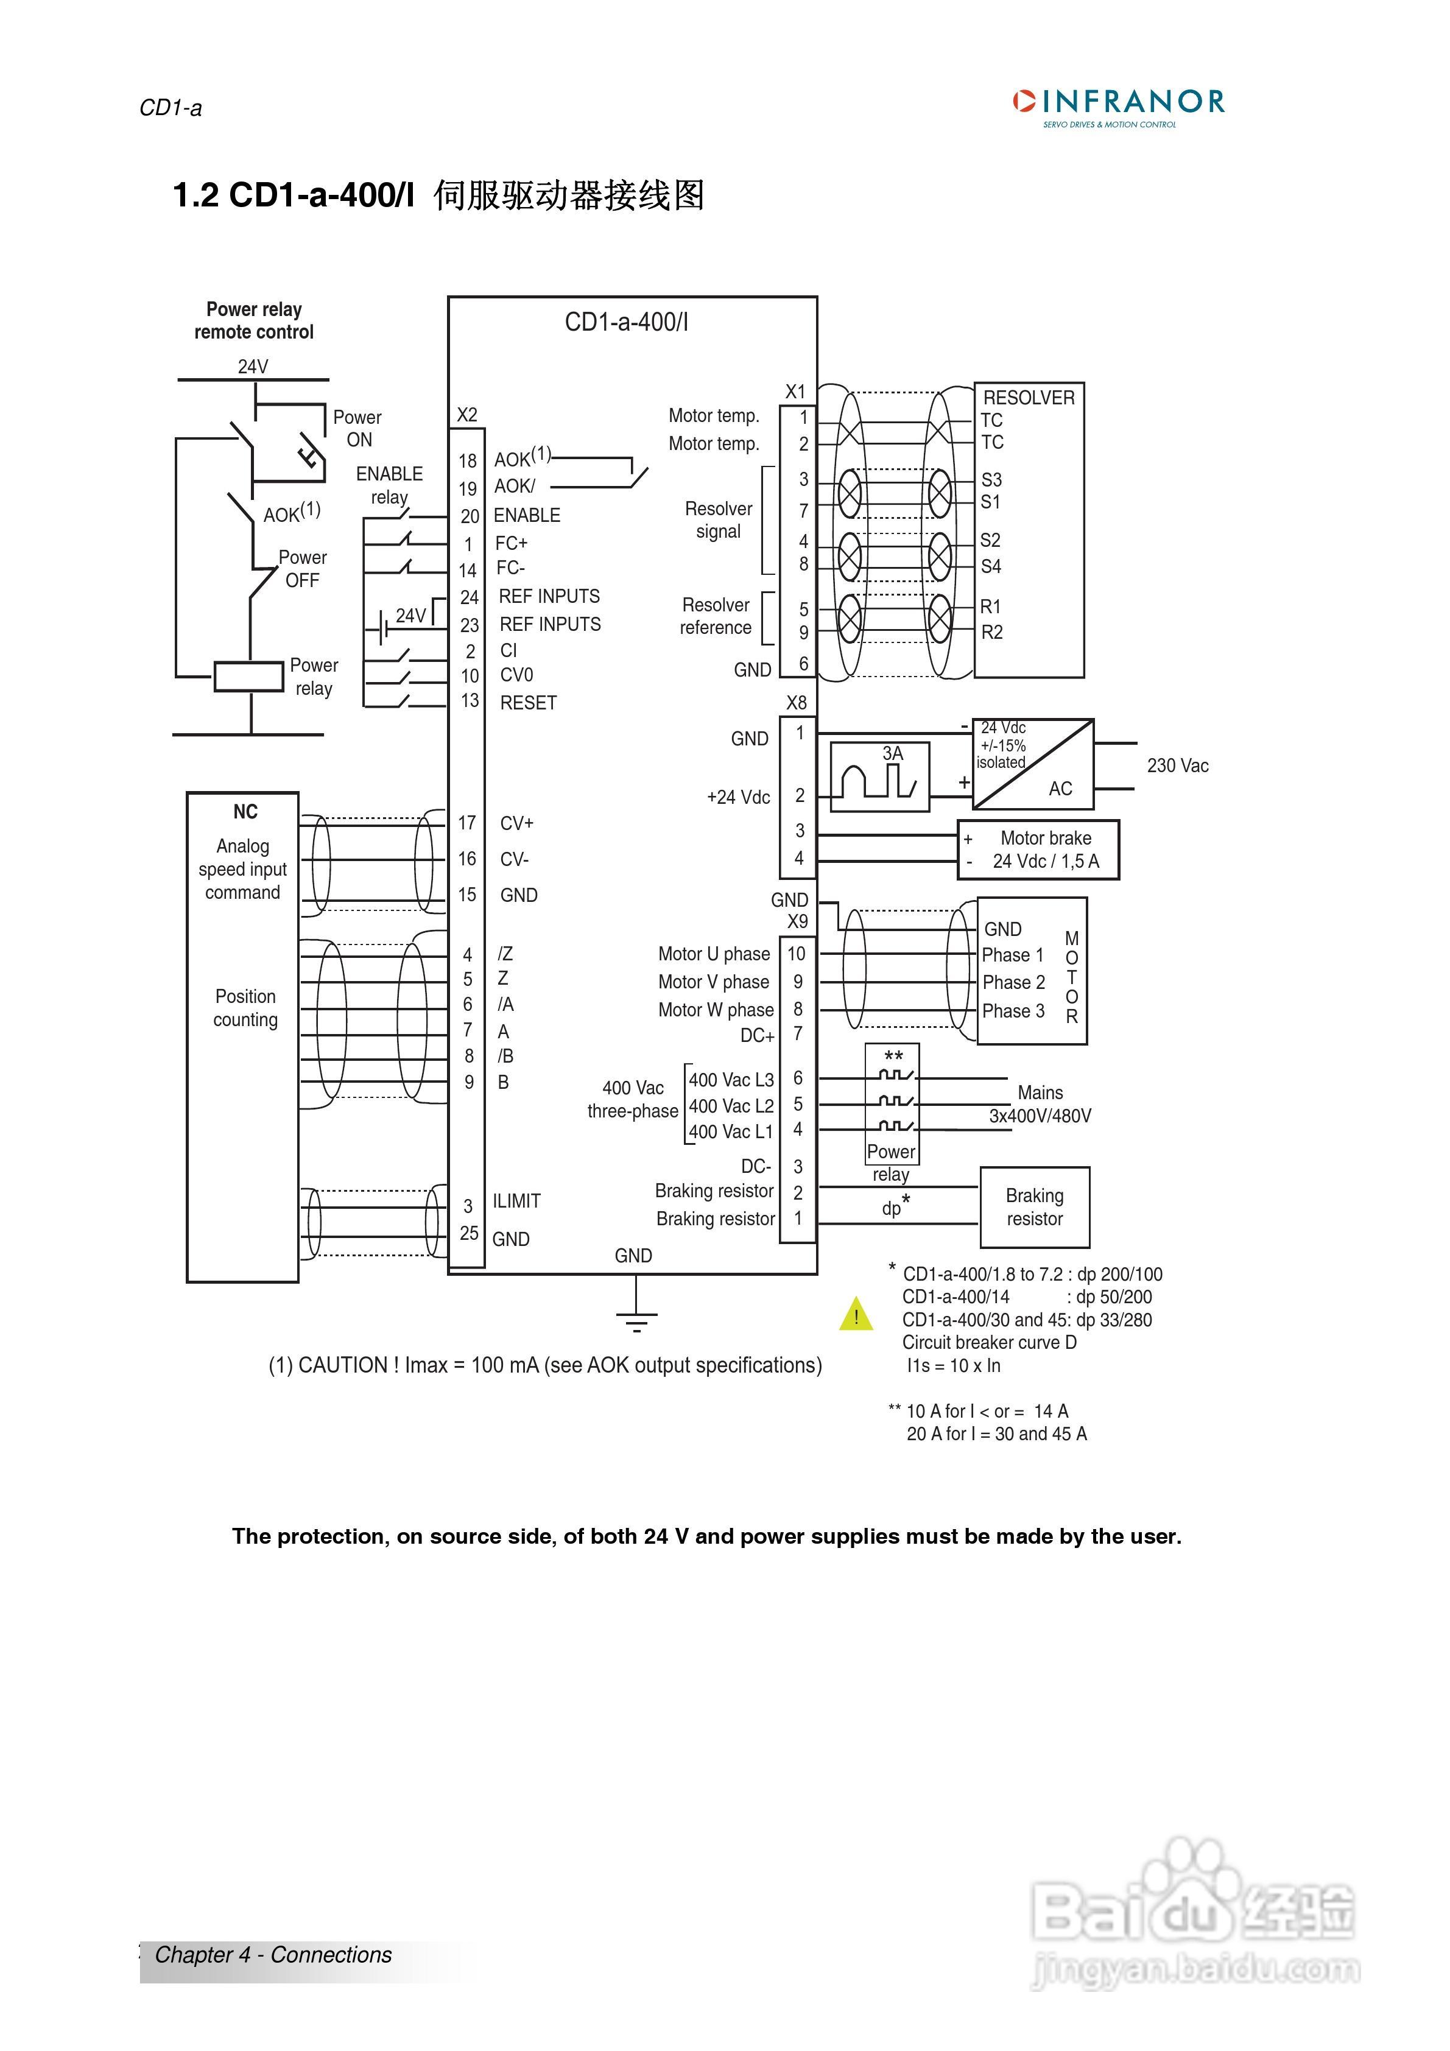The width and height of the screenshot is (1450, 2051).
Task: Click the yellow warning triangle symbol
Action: [856, 1315]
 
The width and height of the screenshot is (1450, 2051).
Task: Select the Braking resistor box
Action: [1035, 1207]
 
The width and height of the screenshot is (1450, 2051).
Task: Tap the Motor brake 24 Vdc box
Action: [1038, 850]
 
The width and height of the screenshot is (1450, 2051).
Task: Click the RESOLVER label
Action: [1029, 398]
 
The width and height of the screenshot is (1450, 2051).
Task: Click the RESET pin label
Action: [528, 703]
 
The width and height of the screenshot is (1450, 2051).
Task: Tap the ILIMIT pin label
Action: [516, 1201]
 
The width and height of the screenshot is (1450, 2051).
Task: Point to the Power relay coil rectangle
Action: [248, 676]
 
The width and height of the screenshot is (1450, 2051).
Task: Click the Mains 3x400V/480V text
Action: [1040, 1104]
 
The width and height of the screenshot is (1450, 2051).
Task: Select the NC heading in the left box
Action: [245, 812]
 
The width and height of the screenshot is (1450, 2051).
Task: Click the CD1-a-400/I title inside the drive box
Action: [626, 323]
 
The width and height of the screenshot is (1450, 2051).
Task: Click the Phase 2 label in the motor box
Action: [1013, 983]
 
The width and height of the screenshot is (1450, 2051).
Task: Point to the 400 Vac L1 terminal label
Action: [731, 1132]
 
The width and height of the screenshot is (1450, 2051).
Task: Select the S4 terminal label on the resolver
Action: [991, 566]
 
